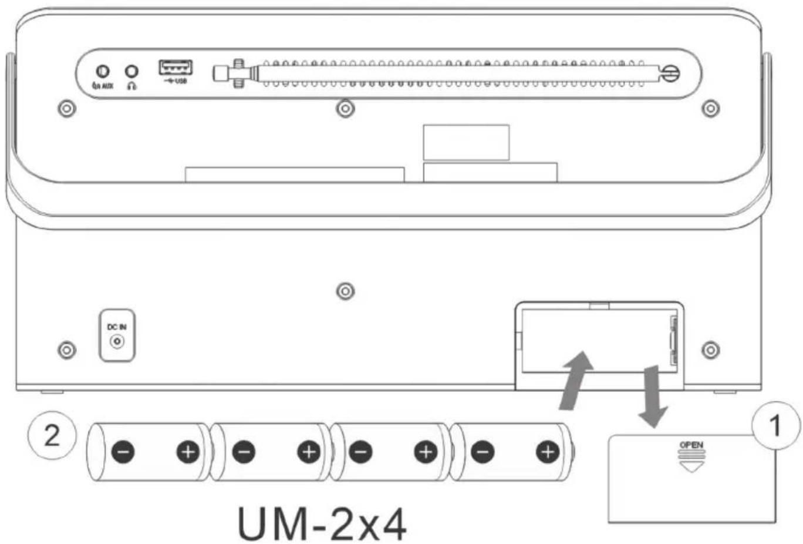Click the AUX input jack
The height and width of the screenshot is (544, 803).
tap(103, 72)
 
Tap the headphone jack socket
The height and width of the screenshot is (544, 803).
tap(131, 71)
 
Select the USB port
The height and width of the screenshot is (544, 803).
tap(176, 68)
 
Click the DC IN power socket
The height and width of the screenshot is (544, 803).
tap(117, 341)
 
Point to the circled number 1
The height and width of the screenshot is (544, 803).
tap(776, 426)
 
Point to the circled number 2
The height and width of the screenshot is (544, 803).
tap(52, 436)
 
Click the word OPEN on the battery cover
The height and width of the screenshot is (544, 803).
tap(691, 445)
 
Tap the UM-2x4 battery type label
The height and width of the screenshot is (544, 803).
tap(322, 523)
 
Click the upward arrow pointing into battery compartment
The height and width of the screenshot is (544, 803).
tap(576, 380)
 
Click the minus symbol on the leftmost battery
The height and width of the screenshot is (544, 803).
tap(123, 451)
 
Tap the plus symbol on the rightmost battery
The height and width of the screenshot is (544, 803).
tap(548, 451)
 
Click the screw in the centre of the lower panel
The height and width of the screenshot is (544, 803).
tap(346, 291)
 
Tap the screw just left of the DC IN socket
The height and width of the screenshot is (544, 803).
tap(67, 350)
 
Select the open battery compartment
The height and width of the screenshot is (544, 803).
tap(599, 341)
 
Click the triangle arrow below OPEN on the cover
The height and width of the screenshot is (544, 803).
tap(691, 466)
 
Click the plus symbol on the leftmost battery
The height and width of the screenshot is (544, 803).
tap(188, 451)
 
